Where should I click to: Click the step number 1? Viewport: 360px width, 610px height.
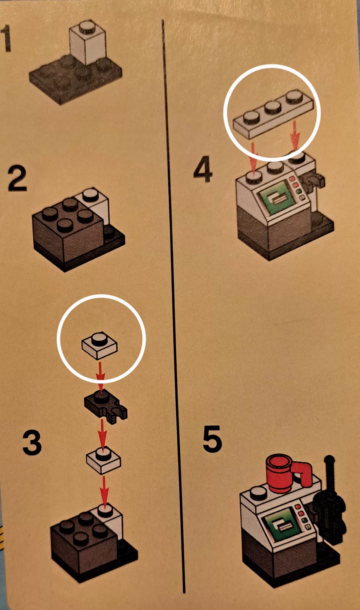pos(6,38)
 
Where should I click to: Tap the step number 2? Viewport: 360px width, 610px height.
pos(17,179)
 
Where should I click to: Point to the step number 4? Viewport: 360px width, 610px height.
pos(203,169)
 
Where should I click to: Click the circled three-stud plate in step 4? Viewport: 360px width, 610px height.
pos(273,114)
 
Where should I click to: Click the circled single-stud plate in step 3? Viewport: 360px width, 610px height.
pos(100,345)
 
